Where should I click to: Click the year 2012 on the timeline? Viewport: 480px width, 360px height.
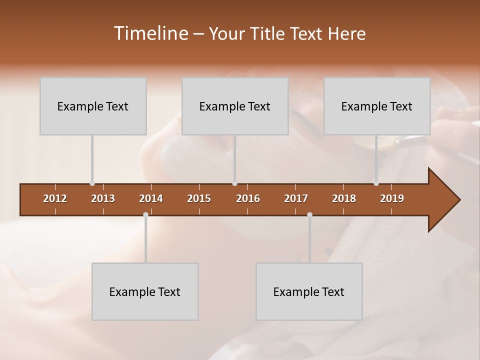click(x=55, y=198)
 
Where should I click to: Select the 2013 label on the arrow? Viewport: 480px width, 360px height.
click(x=103, y=198)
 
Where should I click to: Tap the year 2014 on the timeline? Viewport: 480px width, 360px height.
click(x=151, y=198)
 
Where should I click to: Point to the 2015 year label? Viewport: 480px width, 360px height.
click(x=199, y=198)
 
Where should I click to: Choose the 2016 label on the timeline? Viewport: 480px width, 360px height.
click(x=248, y=198)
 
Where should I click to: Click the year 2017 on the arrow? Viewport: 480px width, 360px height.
click(x=296, y=198)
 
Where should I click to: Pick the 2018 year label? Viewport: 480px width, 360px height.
click(x=344, y=198)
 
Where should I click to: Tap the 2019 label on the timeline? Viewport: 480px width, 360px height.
click(x=392, y=198)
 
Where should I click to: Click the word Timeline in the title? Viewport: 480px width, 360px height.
click(x=150, y=33)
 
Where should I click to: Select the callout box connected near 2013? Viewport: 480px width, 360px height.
click(x=93, y=106)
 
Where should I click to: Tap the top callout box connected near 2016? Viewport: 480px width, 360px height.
click(x=235, y=106)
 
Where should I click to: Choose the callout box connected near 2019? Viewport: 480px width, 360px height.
click(x=377, y=106)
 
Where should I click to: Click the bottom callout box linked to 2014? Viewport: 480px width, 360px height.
click(x=145, y=291)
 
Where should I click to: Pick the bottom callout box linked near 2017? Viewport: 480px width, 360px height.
click(x=309, y=291)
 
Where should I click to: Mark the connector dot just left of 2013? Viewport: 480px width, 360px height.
click(x=92, y=183)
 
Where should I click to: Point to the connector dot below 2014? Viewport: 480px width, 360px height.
click(x=145, y=215)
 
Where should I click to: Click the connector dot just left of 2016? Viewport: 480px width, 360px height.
click(x=234, y=183)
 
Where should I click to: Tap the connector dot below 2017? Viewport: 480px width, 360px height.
click(x=309, y=215)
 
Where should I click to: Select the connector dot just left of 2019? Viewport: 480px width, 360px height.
click(x=376, y=183)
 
